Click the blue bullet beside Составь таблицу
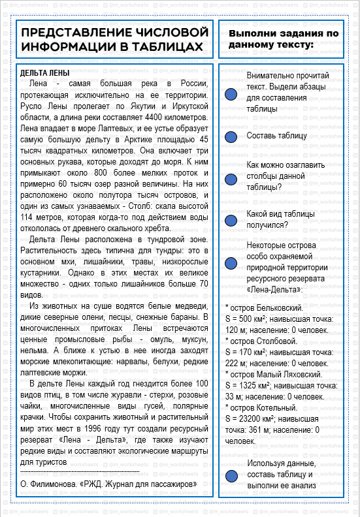click(x=231, y=136)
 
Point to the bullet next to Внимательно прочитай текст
click(x=231, y=94)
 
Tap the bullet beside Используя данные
click(x=231, y=476)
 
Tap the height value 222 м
click(x=234, y=363)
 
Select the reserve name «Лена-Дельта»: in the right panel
click(x=274, y=289)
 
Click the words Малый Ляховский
click(x=287, y=375)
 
